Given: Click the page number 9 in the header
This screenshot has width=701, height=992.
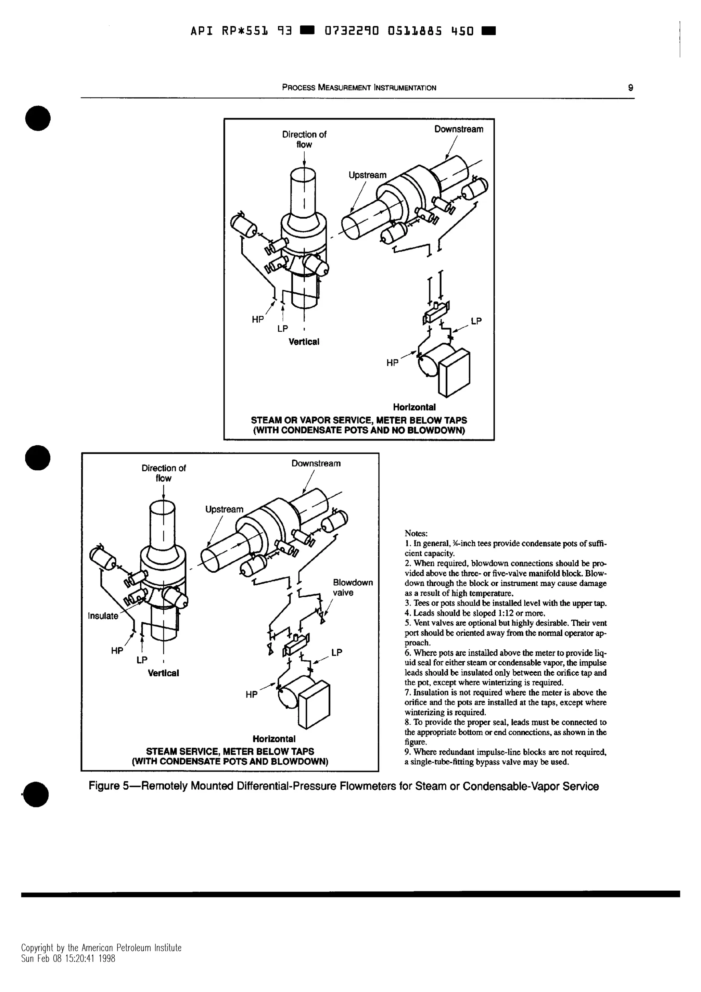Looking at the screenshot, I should pos(630,88).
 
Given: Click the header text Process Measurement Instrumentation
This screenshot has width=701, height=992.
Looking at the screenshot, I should pos(359,88).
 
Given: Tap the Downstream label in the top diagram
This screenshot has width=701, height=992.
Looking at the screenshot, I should pos(458,129).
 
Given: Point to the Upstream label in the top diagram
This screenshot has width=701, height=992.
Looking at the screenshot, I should pos(367,175).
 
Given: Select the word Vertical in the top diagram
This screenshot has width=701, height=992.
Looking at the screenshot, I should pos(304,342).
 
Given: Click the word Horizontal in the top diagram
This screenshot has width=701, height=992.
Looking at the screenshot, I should pos(414,407).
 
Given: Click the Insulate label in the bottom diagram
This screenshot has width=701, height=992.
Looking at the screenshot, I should pos(103,616).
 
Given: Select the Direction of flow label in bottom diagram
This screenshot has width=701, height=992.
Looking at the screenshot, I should pos(163,473).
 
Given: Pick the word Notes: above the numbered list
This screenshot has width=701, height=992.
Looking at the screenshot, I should pos(416,534).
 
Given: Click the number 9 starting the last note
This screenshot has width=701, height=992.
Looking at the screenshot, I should pos(407,752).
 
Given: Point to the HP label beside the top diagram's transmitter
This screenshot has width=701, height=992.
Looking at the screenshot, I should pos(392,363).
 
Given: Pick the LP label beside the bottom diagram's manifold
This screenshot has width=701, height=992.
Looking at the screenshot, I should pos(337,652).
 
